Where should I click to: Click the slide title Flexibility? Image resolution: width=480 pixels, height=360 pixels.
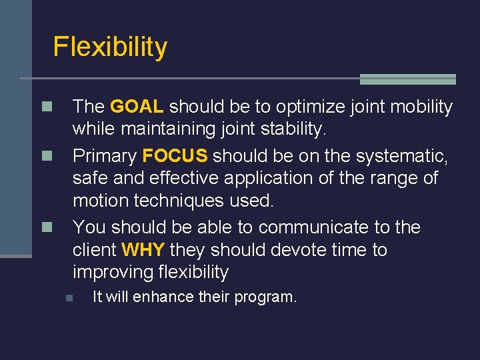pyautogui.click(x=110, y=47)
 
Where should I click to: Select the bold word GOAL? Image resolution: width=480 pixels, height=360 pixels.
pyautogui.click(x=137, y=107)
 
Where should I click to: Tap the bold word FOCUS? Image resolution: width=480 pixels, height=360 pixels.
pyautogui.click(x=175, y=156)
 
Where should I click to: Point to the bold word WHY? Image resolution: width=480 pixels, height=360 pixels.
pyautogui.click(x=143, y=250)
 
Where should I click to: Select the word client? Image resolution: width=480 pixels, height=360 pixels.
pyautogui.click(x=94, y=250)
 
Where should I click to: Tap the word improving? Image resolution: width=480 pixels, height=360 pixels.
pyautogui.click(x=115, y=272)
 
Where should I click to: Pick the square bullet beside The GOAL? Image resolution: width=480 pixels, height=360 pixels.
pyautogui.click(x=46, y=107)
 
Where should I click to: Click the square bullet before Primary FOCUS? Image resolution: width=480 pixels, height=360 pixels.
pyautogui.click(x=46, y=157)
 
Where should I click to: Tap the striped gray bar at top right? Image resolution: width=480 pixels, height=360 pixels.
pyautogui.click(x=407, y=79)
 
